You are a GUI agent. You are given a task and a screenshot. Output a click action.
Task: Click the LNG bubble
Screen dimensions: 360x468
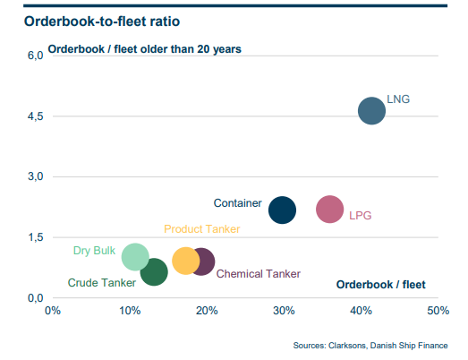[x=370, y=111]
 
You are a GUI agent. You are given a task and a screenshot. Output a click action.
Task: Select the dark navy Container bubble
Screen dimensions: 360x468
[x=282, y=210]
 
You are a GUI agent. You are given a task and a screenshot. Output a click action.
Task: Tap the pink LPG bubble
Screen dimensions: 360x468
[x=329, y=210]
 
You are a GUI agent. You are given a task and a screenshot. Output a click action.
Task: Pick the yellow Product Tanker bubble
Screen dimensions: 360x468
[x=185, y=261]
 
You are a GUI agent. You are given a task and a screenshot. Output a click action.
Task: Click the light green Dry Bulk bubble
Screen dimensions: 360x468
[x=134, y=256]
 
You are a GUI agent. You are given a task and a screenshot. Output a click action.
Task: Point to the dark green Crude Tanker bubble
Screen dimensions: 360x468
[x=154, y=272]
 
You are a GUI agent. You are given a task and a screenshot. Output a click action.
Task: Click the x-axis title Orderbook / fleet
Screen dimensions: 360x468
[x=380, y=285]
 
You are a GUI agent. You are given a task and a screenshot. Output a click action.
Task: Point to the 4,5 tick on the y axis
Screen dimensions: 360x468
[x=33, y=116]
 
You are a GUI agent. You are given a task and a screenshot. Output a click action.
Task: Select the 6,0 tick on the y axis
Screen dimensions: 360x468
[x=33, y=56]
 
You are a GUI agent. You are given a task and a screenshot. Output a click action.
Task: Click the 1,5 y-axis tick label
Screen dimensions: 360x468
[x=33, y=237]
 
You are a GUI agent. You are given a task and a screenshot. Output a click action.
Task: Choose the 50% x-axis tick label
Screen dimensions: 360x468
[x=437, y=311]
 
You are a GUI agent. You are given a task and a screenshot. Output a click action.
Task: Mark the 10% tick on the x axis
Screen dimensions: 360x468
[x=129, y=311]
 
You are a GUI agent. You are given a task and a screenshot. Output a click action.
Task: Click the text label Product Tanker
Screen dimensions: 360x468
[x=201, y=229]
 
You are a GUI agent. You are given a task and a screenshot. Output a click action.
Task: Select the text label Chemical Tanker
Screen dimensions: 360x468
[x=259, y=274]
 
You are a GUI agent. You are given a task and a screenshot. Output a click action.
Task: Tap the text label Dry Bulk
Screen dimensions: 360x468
[x=93, y=251]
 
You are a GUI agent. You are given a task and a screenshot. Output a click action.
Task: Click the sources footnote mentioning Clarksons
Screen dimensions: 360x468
[x=370, y=345]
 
